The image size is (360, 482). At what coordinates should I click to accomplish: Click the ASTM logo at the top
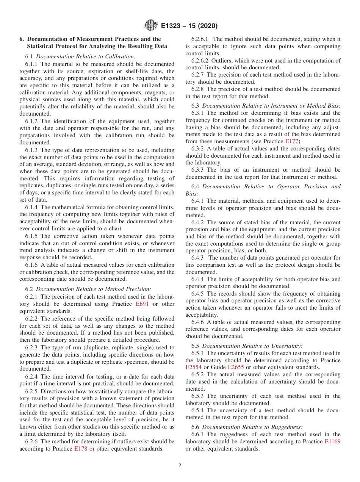point(151,26)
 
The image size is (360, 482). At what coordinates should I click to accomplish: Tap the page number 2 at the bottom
point(180,465)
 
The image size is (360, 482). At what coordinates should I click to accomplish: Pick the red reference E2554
point(194,368)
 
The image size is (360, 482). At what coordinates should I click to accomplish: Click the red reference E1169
point(332,442)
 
